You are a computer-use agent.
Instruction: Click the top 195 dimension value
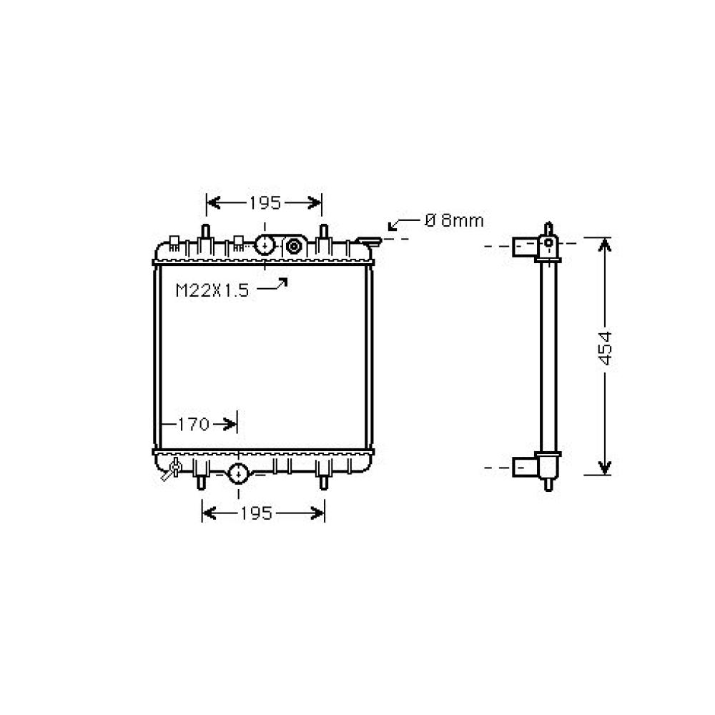[265, 203]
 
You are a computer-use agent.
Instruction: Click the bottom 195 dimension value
[256, 513]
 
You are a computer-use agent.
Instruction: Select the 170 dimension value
[193, 425]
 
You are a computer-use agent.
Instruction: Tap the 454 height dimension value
[605, 349]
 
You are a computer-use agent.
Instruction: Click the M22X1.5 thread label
[212, 290]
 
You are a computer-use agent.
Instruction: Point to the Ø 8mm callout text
[454, 221]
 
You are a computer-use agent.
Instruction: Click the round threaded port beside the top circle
[294, 247]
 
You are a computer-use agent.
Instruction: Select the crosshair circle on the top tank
[265, 245]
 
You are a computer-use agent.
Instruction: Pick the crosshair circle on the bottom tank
[238, 473]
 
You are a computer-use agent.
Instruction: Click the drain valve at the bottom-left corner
[172, 469]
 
